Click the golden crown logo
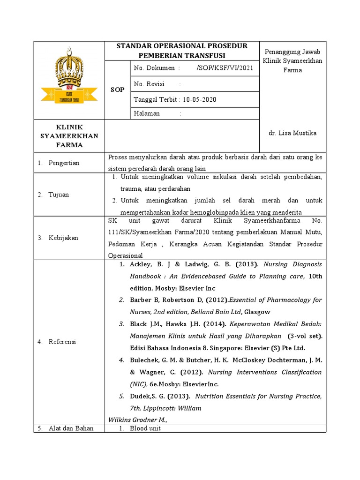69,78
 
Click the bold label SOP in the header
117,90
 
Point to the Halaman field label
147,113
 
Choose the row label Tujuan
59,195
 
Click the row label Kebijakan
63,238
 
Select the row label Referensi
62,342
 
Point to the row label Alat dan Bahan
71,428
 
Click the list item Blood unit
145,428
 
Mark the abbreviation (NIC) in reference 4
138,384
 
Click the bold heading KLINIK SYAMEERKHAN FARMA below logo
69,135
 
